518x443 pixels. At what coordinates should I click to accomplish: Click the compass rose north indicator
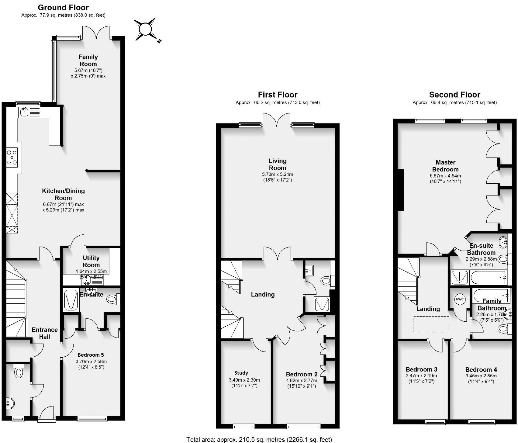click(x=145, y=29)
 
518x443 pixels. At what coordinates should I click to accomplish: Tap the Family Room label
click(x=88, y=60)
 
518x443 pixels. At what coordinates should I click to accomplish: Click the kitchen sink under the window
click(x=24, y=112)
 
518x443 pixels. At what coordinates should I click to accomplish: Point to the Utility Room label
click(x=91, y=261)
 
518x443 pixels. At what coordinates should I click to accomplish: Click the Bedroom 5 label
click(x=91, y=355)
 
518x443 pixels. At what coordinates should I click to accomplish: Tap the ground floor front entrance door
click(x=47, y=414)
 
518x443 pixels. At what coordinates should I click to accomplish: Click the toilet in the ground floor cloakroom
click(x=19, y=371)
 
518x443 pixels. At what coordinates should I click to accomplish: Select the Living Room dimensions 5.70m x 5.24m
click(x=277, y=175)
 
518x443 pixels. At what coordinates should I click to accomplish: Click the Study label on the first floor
click(x=241, y=373)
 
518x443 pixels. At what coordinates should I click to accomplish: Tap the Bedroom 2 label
click(x=301, y=374)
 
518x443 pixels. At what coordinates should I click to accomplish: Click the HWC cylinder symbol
click(x=460, y=299)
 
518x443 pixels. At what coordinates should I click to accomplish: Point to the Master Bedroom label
click(x=445, y=166)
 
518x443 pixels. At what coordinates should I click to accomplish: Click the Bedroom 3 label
click(x=421, y=369)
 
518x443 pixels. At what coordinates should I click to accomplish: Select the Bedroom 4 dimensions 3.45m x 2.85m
click(x=481, y=376)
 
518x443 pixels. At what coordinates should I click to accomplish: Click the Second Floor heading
click(x=454, y=95)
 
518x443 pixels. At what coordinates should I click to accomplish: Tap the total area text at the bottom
click(x=259, y=439)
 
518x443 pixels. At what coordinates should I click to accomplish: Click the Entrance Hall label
click(x=45, y=333)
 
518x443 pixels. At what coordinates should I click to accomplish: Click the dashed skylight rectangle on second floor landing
click(x=431, y=324)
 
